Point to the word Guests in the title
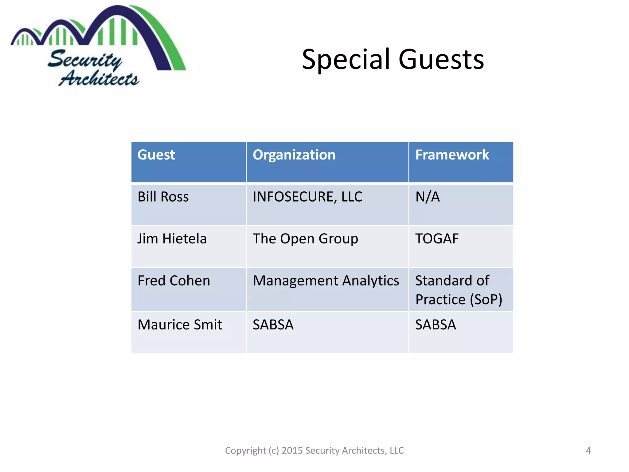(441, 59)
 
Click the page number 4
(588, 450)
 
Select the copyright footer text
(314, 450)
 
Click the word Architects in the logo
(99, 79)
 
